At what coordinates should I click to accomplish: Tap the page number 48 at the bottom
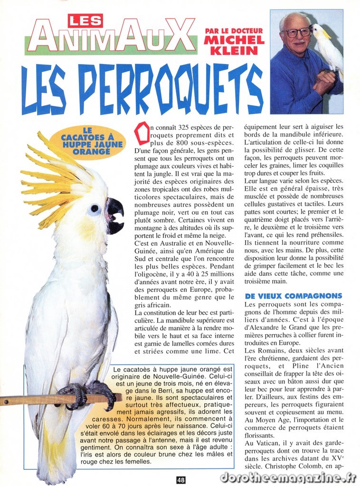click(180, 480)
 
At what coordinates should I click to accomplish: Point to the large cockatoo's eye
click(95, 208)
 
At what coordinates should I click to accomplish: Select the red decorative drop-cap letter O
click(142, 133)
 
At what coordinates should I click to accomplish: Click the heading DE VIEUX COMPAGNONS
click(293, 296)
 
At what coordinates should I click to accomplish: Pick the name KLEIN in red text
click(234, 51)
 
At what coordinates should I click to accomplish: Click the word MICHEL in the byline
click(234, 40)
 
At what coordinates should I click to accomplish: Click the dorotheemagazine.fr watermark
click(288, 477)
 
